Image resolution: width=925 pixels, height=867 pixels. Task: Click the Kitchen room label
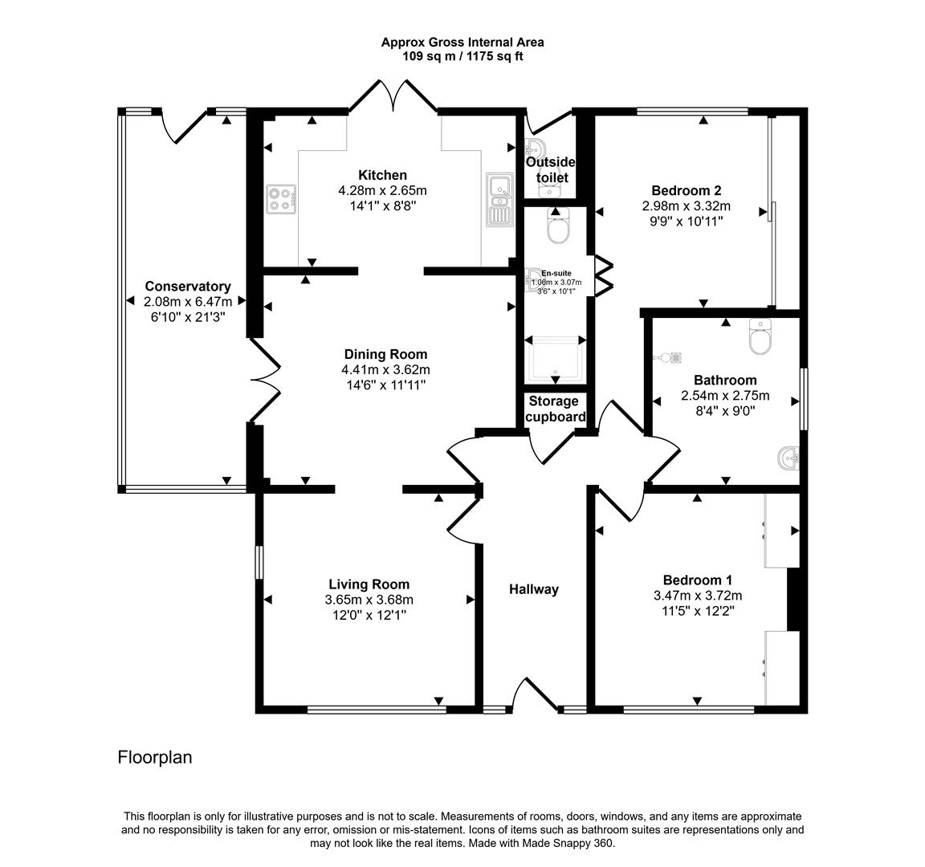pyautogui.click(x=382, y=175)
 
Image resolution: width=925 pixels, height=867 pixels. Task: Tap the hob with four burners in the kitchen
pyautogui.click(x=281, y=199)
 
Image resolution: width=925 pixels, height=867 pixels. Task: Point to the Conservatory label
pyautogui.click(x=187, y=287)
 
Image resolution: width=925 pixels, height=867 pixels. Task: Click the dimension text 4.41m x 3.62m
pyautogui.click(x=385, y=370)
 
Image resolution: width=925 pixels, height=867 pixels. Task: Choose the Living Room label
pyautogui.click(x=369, y=584)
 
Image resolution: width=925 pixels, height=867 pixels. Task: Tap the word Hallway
pyautogui.click(x=533, y=589)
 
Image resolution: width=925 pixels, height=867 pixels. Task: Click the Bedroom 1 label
pyautogui.click(x=697, y=580)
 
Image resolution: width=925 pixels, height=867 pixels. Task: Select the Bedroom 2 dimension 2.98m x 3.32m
pyautogui.click(x=686, y=206)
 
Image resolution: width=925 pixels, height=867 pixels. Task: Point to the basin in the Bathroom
pyautogui.click(x=788, y=458)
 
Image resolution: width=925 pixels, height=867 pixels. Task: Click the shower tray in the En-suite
pyautogui.click(x=554, y=358)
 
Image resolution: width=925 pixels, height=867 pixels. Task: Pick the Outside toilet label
pyautogui.click(x=550, y=169)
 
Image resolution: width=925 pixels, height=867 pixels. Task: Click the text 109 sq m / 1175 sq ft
pyautogui.click(x=462, y=57)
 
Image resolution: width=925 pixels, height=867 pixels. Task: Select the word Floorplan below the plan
pyautogui.click(x=155, y=757)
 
